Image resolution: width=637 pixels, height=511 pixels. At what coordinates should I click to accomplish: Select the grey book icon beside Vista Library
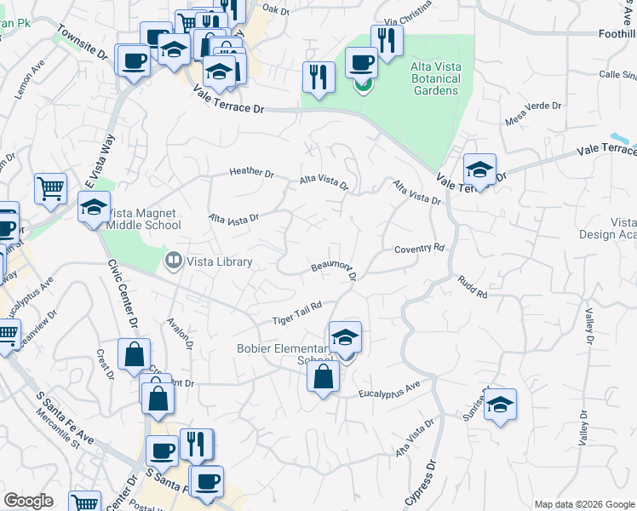(174, 261)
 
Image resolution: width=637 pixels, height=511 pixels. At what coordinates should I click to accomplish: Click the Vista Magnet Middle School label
(145, 219)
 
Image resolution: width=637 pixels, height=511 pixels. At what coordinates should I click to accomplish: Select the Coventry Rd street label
(420, 248)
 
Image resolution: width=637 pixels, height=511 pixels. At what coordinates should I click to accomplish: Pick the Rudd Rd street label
(471, 286)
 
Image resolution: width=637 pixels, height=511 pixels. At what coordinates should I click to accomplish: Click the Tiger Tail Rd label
(297, 313)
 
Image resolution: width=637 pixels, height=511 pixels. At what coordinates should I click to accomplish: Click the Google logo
(28, 501)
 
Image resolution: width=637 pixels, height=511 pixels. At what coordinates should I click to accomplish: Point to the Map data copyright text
(582, 504)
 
